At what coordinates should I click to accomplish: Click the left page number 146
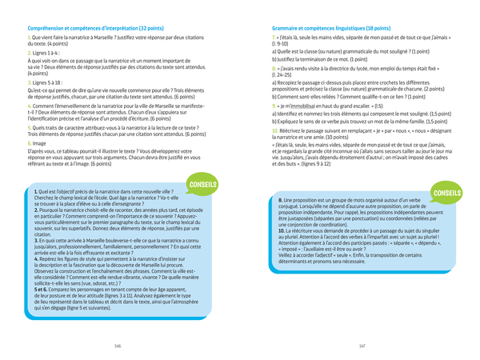(x=118, y=346)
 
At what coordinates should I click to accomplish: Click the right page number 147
(x=362, y=346)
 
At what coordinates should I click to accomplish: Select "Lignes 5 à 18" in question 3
(x=49, y=82)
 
